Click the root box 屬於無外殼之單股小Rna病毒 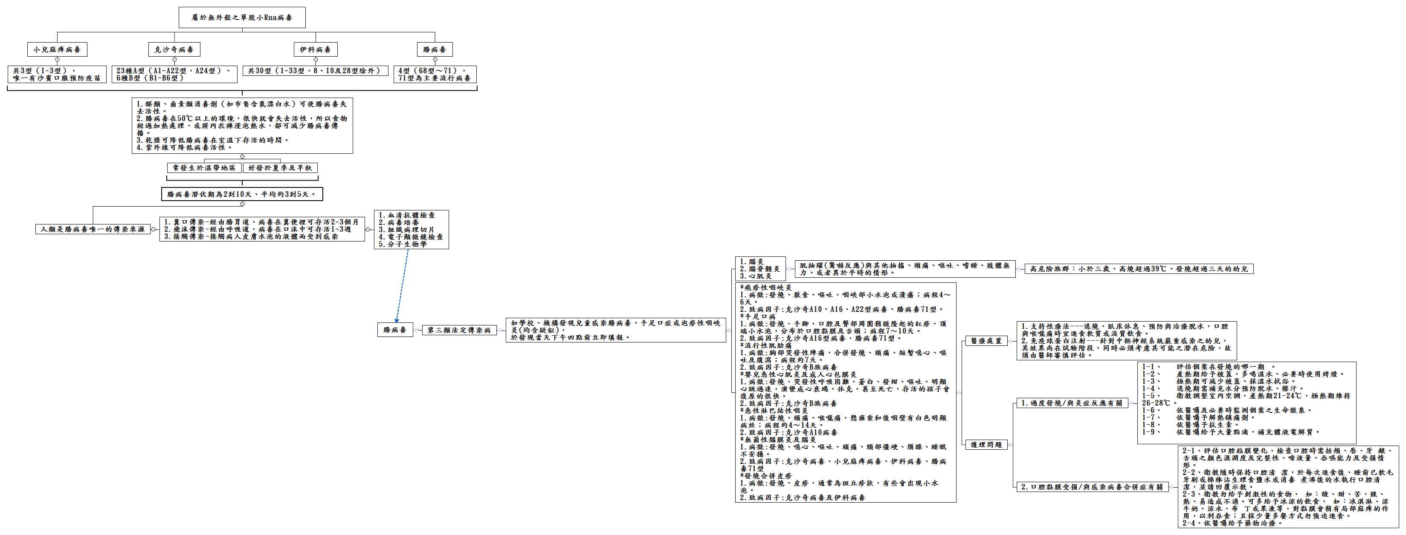[242, 17]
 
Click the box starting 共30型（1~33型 [315, 71]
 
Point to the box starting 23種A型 [174, 74]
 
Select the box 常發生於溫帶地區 [204, 168]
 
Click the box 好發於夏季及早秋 [280, 168]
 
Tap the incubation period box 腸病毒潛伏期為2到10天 [242, 194]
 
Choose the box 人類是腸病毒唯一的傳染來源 [93, 230]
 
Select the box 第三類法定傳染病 [459, 331]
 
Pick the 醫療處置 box [986, 341]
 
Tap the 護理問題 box [986, 445]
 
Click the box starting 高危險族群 [1139, 269]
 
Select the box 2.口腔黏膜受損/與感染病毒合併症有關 [1092, 487]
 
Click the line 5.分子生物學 [403, 244]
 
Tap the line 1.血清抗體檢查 [407, 216]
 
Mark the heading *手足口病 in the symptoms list [757, 317]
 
